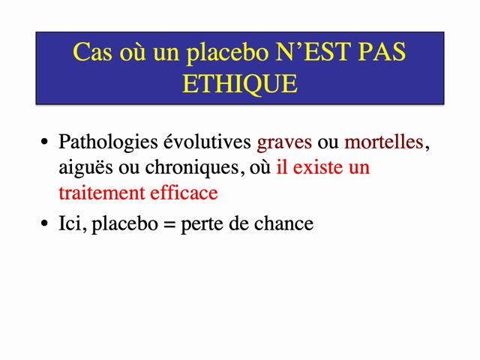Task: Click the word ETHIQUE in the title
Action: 240,82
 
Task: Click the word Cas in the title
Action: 92,52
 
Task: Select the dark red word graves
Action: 284,142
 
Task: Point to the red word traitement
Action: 101,193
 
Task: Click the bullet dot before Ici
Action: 44,224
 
